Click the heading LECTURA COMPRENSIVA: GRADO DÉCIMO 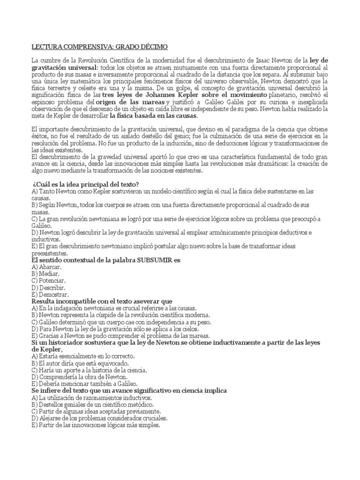(98, 47)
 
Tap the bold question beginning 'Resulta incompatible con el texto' (102, 301)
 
